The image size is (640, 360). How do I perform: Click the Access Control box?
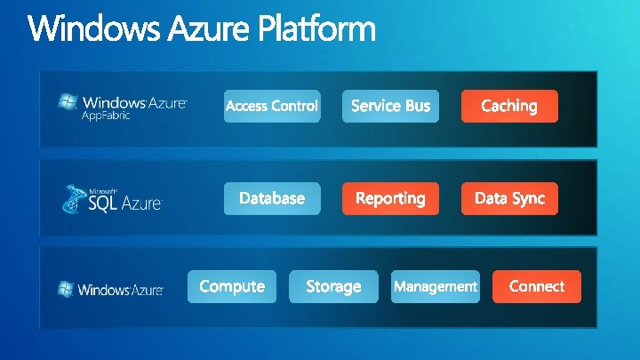tap(271, 106)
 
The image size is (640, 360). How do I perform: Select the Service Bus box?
tap(390, 106)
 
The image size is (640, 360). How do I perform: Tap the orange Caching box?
tap(509, 106)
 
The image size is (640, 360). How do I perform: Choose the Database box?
tap(272, 198)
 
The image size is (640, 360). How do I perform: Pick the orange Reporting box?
tap(390, 198)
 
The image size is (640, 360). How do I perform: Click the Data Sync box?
tap(509, 198)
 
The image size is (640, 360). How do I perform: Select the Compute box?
tap(232, 286)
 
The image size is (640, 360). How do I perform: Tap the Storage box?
tap(333, 286)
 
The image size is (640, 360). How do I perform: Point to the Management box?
tap(436, 286)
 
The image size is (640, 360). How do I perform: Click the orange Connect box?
tap(537, 286)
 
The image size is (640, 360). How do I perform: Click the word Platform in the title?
tap(317, 30)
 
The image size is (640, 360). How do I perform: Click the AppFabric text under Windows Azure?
tap(106, 116)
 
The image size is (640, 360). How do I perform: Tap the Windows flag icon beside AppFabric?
tap(67, 102)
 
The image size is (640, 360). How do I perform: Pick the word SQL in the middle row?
tap(103, 203)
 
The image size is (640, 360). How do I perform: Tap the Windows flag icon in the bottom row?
tap(66, 289)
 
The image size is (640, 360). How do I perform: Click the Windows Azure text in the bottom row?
tap(121, 290)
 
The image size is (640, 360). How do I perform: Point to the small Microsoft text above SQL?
tap(103, 189)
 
